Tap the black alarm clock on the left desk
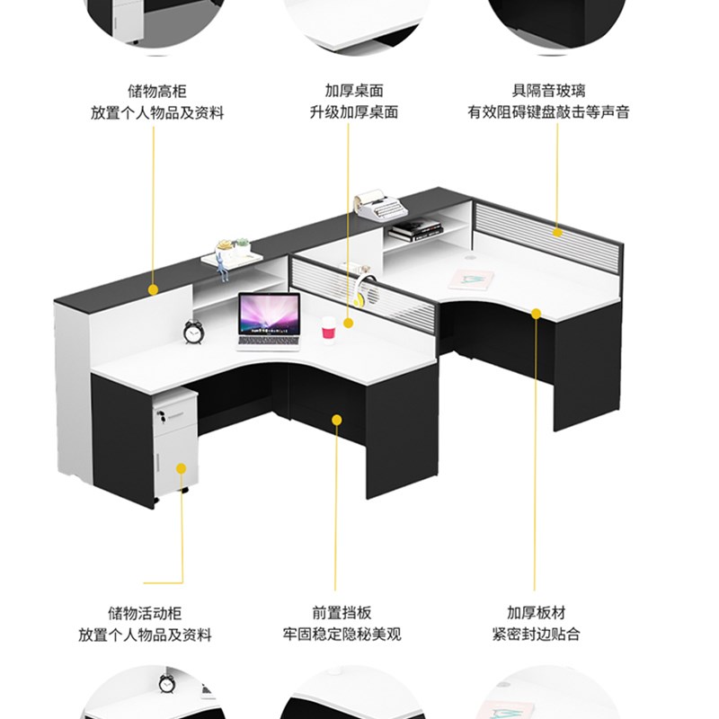pyautogui.click(x=193, y=332)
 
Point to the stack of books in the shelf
pyautogui.click(x=414, y=230)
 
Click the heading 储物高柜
pyautogui.click(x=156, y=91)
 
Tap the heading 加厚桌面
pyautogui.click(x=354, y=91)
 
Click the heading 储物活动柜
pyautogui.click(x=145, y=613)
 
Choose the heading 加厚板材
pyautogui.click(x=536, y=613)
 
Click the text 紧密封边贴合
pyautogui.click(x=536, y=635)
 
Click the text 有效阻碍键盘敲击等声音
pyautogui.click(x=548, y=112)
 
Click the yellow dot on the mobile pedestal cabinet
pyautogui.click(x=182, y=468)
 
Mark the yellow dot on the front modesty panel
pyautogui.click(x=337, y=418)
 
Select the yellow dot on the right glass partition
pyautogui.click(x=557, y=232)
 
